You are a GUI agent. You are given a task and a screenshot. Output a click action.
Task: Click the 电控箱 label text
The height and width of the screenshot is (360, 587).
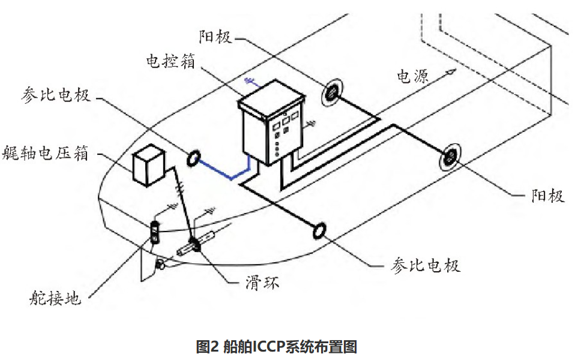pyautogui.click(x=170, y=61)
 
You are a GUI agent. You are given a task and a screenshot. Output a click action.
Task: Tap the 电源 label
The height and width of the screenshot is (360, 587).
pyautogui.click(x=412, y=77)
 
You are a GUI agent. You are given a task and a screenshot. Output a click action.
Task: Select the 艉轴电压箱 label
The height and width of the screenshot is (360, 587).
pyautogui.click(x=45, y=153)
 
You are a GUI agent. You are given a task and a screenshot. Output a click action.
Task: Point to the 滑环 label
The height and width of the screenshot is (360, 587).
pyautogui.click(x=262, y=283)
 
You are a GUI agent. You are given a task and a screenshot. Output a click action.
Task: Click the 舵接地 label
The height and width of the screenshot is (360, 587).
pyautogui.click(x=55, y=298)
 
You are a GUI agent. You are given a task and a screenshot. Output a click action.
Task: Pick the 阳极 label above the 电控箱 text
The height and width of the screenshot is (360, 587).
pyautogui.click(x=215, y=37)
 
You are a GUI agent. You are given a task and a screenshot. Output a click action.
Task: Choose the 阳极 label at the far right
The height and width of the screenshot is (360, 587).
pyautogui.click(x=548, y=196)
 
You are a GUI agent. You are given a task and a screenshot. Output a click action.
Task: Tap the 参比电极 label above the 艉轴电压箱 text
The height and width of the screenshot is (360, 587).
pyautogui.click(x=55, y=95)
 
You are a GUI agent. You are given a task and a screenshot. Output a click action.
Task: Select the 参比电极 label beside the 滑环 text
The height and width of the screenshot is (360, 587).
pyautogui.click(x=426, y=266)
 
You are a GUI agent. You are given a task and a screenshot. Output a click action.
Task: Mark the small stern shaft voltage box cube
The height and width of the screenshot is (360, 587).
pyautogui.click(x=149, y=165)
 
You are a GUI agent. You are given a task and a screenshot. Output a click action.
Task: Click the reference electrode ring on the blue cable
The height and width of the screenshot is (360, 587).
pyautogui.click(x=193, y=158)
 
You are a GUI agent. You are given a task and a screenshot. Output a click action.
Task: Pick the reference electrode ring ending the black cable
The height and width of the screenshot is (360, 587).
pyautogui.click(x=319, y=230)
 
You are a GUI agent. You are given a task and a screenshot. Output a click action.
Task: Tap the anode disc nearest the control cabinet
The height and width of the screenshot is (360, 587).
pyautogui.click(x=332, y=92)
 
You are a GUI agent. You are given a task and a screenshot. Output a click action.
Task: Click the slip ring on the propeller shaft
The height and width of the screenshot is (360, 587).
pyautogui.click(x=194, y=244)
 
